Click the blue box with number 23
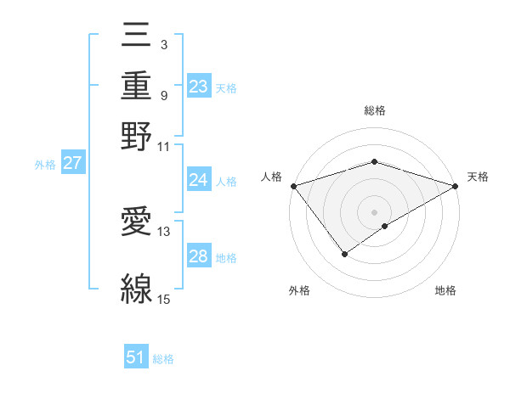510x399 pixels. [199, 87]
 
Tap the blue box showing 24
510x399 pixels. [199, 180]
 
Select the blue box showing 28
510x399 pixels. [199, 256]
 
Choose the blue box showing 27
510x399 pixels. [72, 163]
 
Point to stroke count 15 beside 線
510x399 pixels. [163, 298]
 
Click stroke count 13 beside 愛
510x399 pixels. [163, 231]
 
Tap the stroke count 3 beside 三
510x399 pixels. [163, 42]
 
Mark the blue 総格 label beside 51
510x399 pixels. [163, 359]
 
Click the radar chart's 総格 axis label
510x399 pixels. [374, 110]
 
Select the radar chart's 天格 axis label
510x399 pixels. [479, 177]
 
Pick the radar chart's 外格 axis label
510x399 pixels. [299, 291]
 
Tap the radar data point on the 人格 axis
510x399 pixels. [293, 186]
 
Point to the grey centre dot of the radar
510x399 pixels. [374, 211]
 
